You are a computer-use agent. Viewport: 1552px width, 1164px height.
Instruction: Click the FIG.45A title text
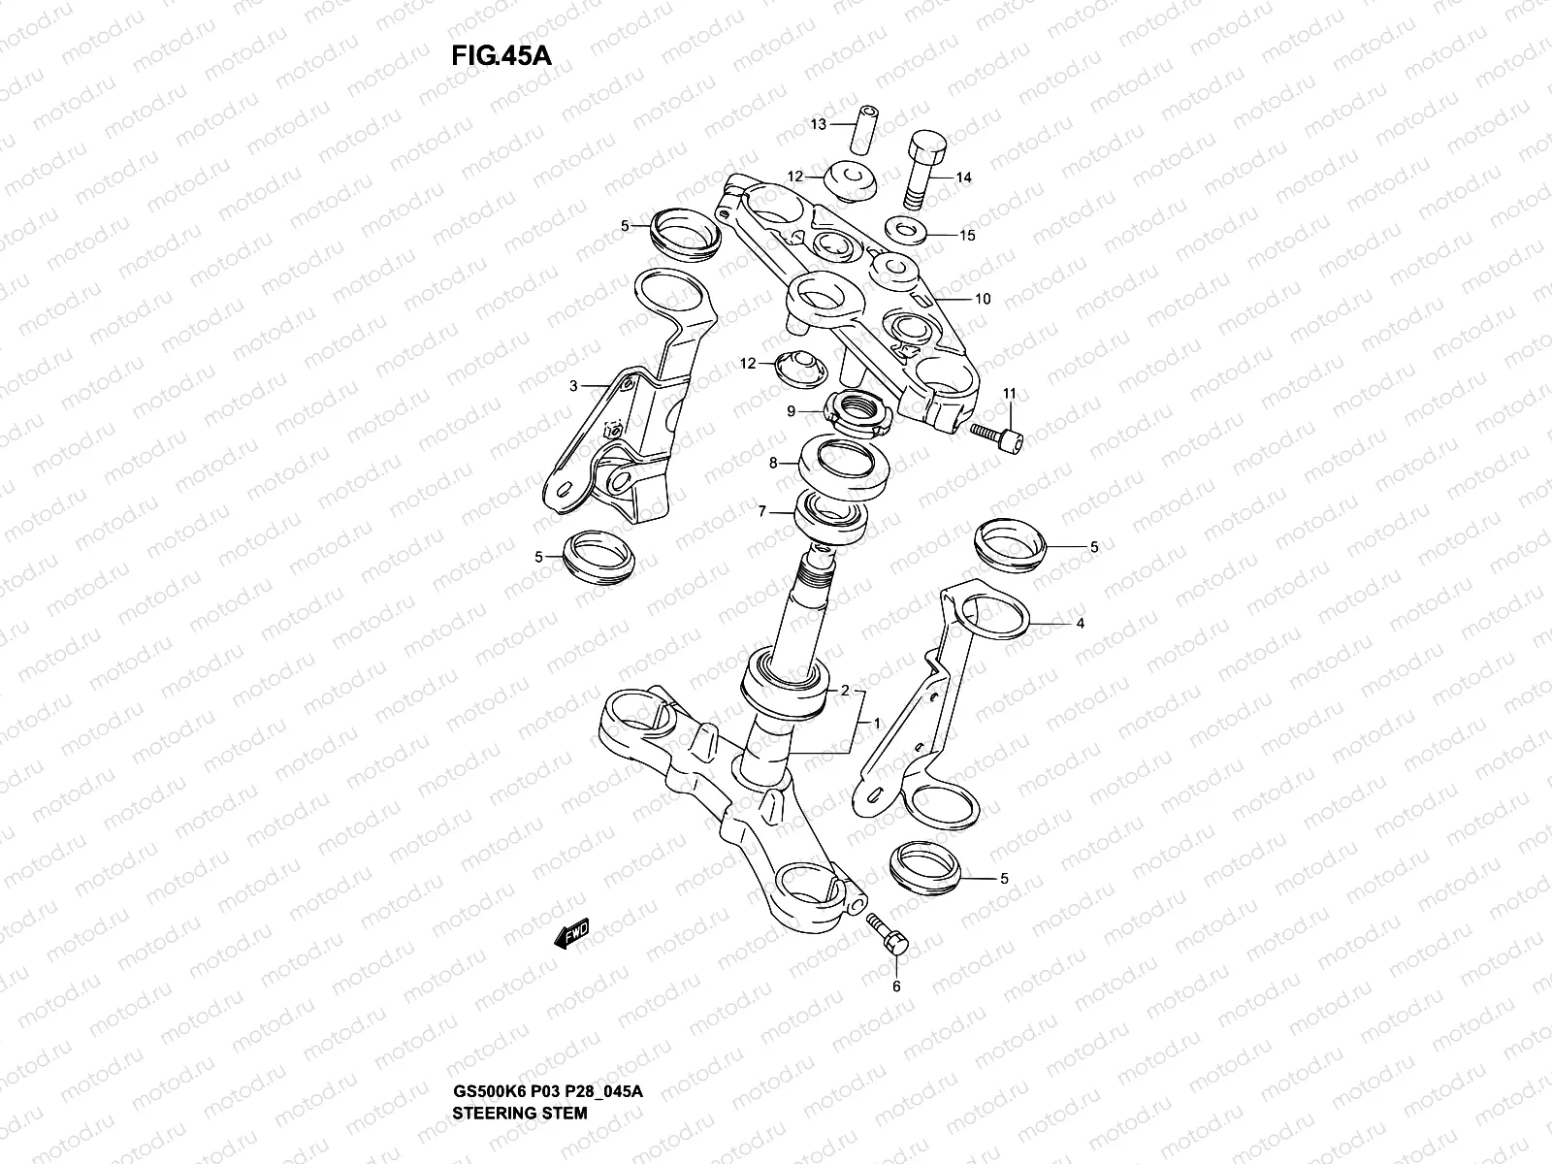coord(501,55)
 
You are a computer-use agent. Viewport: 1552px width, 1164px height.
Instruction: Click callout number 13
coord(818,124)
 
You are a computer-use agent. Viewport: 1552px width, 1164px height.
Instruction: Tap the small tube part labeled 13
coord(864,128)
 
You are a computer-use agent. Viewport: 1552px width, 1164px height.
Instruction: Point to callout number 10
coord(983,299)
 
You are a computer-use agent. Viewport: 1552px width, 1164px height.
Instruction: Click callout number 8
coord(774,464)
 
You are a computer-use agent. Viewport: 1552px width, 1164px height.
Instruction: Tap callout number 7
coord(763,511)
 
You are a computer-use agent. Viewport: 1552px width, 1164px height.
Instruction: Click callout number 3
coord(573,385)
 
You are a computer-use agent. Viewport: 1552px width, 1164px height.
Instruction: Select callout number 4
coord(1080,624)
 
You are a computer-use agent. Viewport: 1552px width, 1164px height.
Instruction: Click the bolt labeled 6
coord(887,932)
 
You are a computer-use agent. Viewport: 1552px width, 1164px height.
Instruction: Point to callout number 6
coord(895,986)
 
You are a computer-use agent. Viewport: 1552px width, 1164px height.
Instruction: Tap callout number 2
coord(845,691)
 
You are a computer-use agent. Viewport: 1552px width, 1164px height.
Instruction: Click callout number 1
coord(876,724)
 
